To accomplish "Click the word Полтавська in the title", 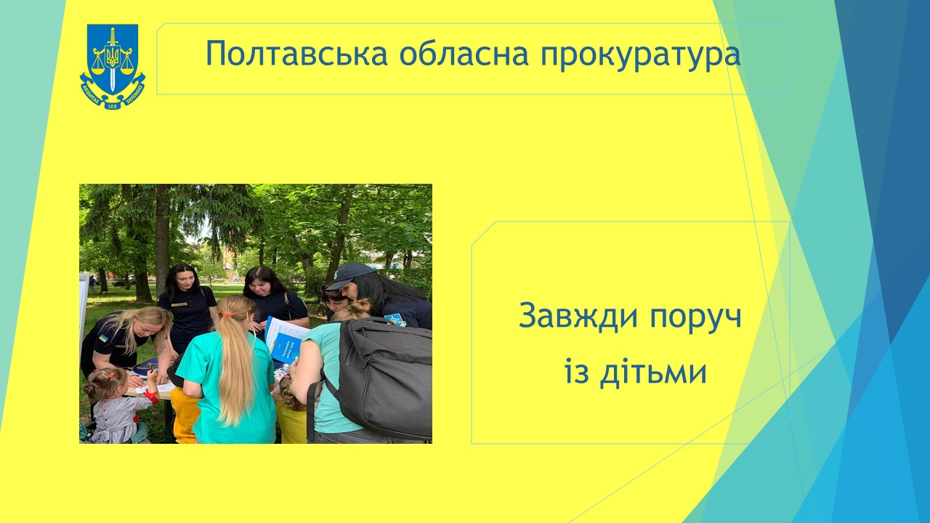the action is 296,54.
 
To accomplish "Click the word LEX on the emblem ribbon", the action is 113,106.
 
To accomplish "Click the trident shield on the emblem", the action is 113,56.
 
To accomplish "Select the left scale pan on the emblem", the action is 98,70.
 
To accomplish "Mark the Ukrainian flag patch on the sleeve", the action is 103,338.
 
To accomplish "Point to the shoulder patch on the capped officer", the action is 395,320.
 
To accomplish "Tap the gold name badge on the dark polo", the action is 179,305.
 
